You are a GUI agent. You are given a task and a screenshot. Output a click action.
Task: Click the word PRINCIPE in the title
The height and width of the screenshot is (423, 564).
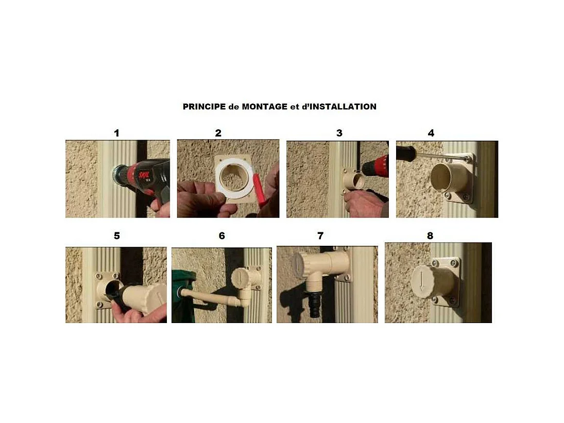(x=204, y=107)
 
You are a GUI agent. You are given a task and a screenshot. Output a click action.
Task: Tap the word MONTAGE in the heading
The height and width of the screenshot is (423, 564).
(x=264, y=107)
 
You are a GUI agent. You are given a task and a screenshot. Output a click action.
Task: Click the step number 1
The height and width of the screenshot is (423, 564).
(x=116, y=133)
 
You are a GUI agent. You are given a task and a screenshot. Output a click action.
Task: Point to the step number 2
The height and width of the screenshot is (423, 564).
(x=218, y=133)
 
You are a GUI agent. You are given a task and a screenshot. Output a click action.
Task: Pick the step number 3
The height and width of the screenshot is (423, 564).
(x=339, y=133)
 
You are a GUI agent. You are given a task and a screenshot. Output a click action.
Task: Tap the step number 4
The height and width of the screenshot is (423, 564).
(x=431, y=133)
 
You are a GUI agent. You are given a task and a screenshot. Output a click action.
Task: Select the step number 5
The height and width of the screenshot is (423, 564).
(x=116, y=235)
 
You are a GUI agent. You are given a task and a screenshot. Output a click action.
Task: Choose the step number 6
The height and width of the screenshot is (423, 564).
(x=221, y=235)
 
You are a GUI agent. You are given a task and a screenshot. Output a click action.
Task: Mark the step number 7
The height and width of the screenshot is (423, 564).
(x=320, y=235)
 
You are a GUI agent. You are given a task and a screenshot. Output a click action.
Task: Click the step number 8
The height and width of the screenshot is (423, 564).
(x=430, y=235)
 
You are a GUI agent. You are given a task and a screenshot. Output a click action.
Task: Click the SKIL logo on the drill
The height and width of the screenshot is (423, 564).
(x=145, y=176)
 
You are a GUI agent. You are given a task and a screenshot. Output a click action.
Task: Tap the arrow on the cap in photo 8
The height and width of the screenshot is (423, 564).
(x=421, y=280)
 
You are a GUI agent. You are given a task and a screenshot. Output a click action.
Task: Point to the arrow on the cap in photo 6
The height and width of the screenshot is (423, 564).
(x=238, y=277)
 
